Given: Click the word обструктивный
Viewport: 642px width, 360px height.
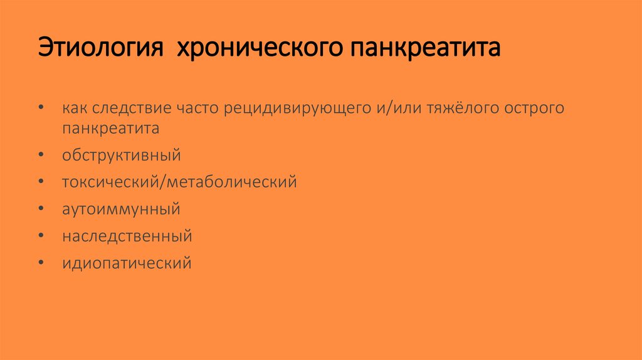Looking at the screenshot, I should click(121, 155).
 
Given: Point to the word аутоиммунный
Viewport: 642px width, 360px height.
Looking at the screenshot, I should click(121, 209).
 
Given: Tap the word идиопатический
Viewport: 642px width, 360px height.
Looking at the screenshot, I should click(127, 263).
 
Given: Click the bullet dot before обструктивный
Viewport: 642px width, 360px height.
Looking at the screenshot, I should click(41, 155).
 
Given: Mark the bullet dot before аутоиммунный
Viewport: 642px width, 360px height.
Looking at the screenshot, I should click(41, 209).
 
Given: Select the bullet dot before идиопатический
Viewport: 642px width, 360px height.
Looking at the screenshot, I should click(41, 263).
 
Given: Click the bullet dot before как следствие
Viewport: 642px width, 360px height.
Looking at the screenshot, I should click(41, 108).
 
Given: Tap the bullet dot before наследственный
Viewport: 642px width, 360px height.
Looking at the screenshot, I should click(41, 236).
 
